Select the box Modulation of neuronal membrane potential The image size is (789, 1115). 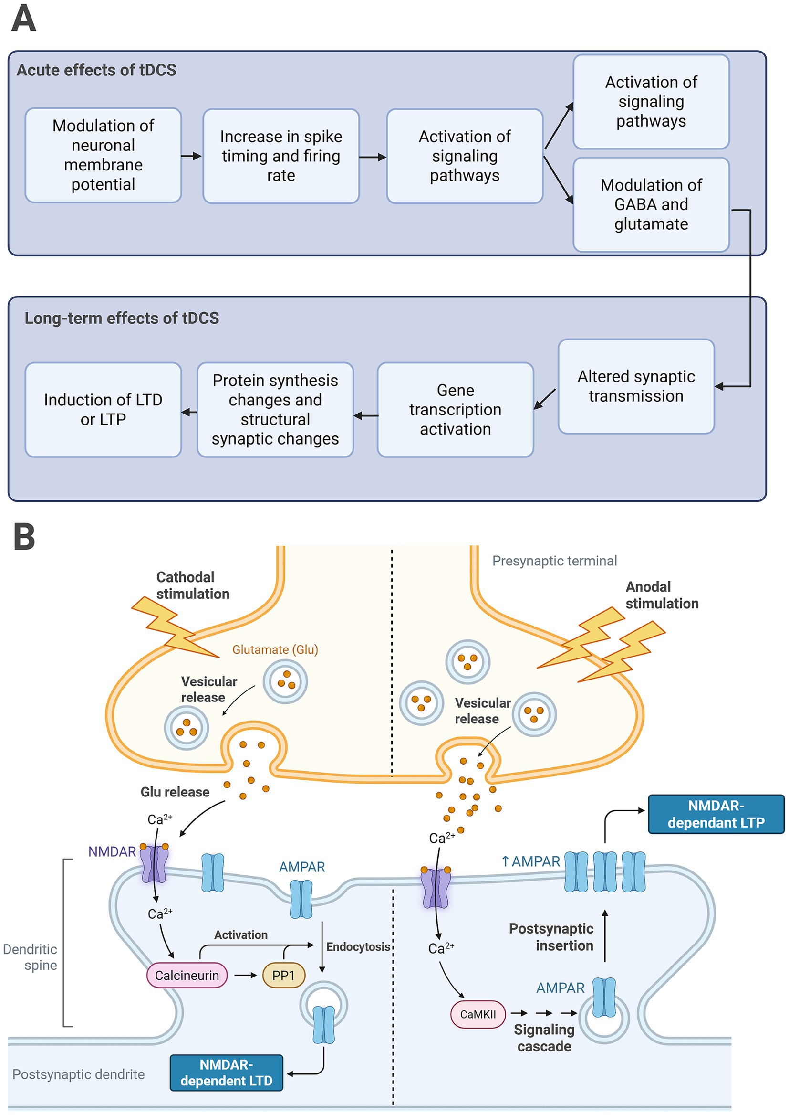click(x=103, y=155)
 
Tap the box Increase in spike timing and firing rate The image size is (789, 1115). click(x=281, y=156)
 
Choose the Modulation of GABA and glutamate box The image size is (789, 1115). click(x=651, y=204)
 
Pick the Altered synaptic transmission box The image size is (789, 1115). click(x=635, y=386)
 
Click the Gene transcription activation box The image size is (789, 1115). click(x=455, y=409)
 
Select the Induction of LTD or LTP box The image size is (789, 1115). click(x=103, y=409)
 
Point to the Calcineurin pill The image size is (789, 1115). click(x=187, y=975)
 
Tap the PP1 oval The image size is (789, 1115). click(x=283, y=975)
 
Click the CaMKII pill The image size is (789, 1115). click(x=478, y=1014)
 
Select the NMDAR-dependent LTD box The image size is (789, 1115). click(x=226, y=1072)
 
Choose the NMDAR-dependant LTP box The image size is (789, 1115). click(x=716, y=814)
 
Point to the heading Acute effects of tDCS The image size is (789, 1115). click(x=96, y=70)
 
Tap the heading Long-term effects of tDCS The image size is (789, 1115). click(x=122, y=318)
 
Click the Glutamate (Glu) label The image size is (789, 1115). click(x=275, y=649)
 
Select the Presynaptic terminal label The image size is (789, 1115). click(x=554, y=561)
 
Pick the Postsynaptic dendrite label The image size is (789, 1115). click(x=78, y=1073)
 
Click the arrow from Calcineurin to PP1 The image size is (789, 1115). click(x=245, y=975)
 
